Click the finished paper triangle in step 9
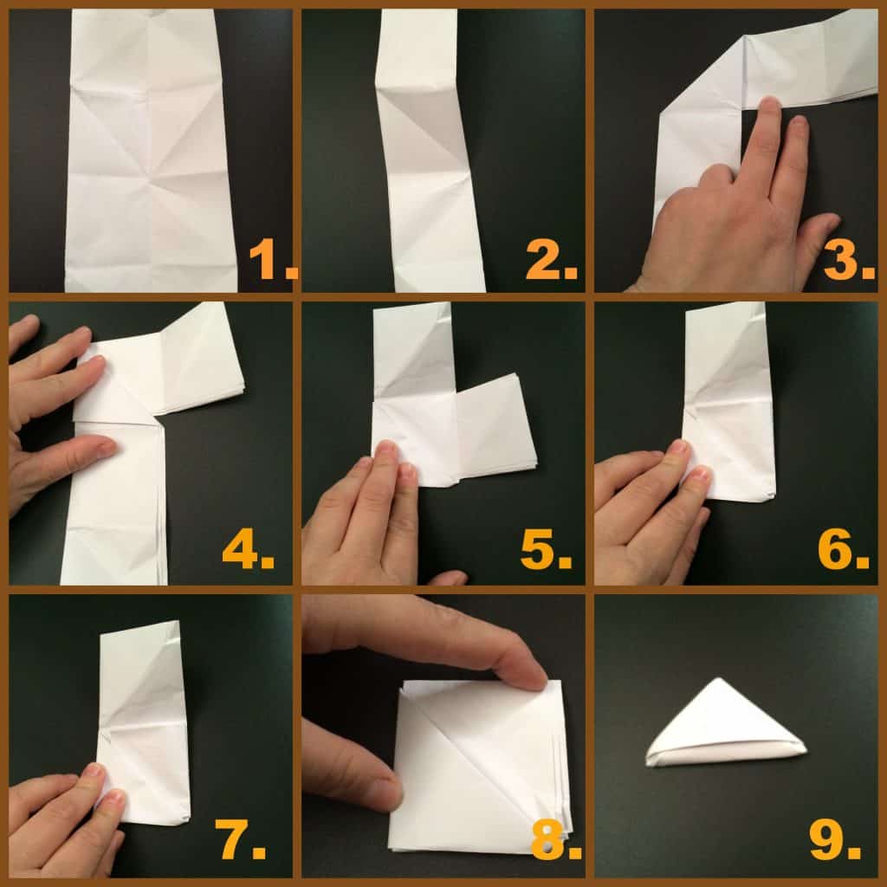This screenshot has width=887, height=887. [726, 728]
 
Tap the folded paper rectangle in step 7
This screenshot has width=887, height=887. [143, 719]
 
